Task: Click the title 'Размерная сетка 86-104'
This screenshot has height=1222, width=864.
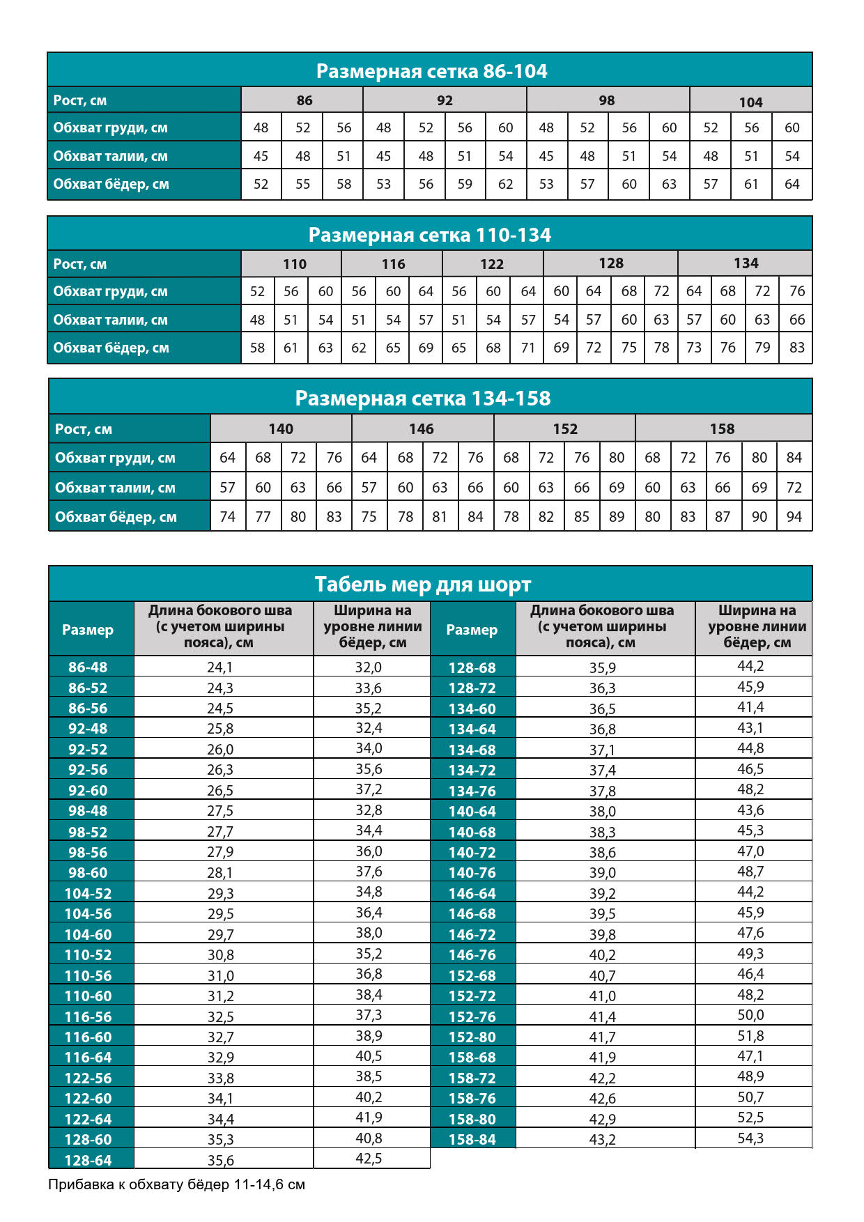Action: (431, 71)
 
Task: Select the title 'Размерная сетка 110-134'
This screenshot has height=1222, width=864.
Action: (429, 235)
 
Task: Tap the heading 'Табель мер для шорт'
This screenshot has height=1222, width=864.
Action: (422, 584)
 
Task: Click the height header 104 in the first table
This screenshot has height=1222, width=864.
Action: (750, 102)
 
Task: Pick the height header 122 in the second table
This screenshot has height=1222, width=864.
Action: (491, 264)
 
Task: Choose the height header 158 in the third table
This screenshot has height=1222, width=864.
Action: (722, 429)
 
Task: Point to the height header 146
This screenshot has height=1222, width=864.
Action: (421, 429)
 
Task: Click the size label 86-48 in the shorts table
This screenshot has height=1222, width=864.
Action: (88, 667)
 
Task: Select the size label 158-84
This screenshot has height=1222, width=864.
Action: (472, 1139)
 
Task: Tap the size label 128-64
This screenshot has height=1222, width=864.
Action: (88, 1160)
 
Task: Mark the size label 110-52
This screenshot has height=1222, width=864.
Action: (88, 954)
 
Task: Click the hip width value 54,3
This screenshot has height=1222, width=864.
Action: (750, 1138)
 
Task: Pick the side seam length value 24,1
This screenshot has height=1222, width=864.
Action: (220, 667)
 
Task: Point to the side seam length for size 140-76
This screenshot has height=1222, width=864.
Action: (602, 872)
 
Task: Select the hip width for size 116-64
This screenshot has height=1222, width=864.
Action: (369, 1056)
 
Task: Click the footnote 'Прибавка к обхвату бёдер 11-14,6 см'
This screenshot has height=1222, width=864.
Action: (176, 1184)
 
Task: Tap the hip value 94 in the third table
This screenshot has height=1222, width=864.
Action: (794, 517)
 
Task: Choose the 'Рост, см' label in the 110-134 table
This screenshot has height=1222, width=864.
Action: (80, 264)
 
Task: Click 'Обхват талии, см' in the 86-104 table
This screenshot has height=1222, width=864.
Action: (111, 156)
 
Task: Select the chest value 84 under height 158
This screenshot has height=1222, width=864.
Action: (794, 458)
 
